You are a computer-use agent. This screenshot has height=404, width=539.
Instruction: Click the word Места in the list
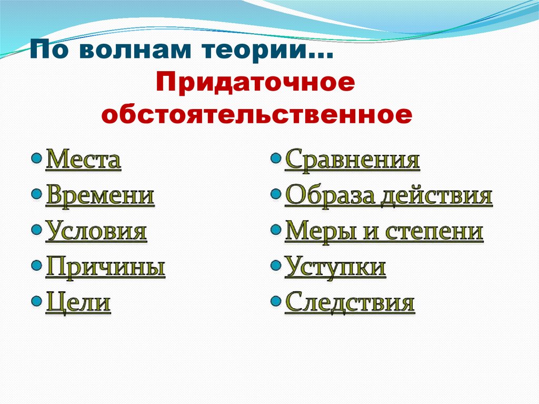[x=84, y=160]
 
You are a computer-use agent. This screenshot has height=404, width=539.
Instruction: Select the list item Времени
[x=100, y=196]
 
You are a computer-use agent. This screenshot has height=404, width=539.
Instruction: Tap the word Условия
[x=96, y=232]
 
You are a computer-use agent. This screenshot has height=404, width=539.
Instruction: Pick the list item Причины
[x=105, y=268]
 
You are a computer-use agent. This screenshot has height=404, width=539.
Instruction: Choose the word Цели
[x=78, y=303]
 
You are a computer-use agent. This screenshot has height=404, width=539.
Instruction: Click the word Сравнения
[x=352, y=160]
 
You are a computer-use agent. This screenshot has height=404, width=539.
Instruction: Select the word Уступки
[x=335, y=268]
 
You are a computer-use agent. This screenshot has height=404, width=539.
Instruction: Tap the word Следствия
[x=350, y=303]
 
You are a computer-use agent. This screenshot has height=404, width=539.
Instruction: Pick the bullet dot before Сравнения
[x=275, y=158]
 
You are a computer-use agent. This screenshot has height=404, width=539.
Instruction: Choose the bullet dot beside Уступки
[x=275, y=265]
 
